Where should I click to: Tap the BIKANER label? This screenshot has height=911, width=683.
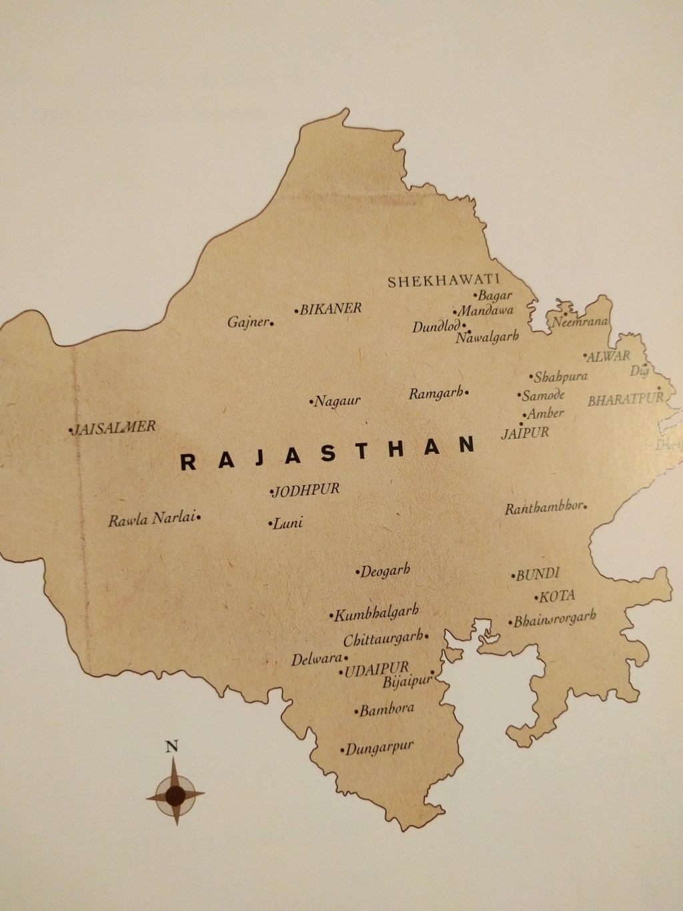[x=330, y=309]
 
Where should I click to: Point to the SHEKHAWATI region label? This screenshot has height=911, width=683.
[x=444, y=281]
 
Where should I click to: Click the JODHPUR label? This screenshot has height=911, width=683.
[x=307, y=490]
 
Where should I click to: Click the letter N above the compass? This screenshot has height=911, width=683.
[x=172, y=747]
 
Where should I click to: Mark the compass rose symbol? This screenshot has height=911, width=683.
[x=175, y=794]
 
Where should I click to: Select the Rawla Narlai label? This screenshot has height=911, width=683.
[x=152, y=519]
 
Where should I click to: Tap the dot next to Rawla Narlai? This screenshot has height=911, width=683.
[x=199, y=516]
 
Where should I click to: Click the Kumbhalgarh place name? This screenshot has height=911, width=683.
[x=378, y=613]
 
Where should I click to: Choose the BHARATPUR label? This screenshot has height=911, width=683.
[x=625, y=400]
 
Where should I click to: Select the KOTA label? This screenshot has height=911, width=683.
[x=558, y=596]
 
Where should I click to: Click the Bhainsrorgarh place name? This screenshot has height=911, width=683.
[x=554, y=620]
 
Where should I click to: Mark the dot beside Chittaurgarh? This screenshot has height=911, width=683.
[x=426, y=636]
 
